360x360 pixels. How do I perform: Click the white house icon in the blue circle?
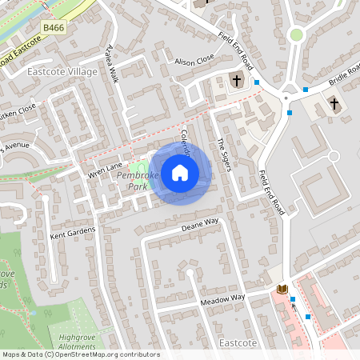click(x=180, y=173)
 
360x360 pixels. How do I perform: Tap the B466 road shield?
click(x=54, y=28)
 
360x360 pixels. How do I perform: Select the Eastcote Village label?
click(x=62, y=72)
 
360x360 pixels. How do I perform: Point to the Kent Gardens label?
click(x=73, y=234)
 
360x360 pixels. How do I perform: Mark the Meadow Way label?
click(x=222, y=298)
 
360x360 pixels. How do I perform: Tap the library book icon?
click(x=281, y=289)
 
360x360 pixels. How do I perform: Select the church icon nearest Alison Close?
click(x=237, y=80)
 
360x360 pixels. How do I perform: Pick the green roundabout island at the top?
click(x=297, y=34)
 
